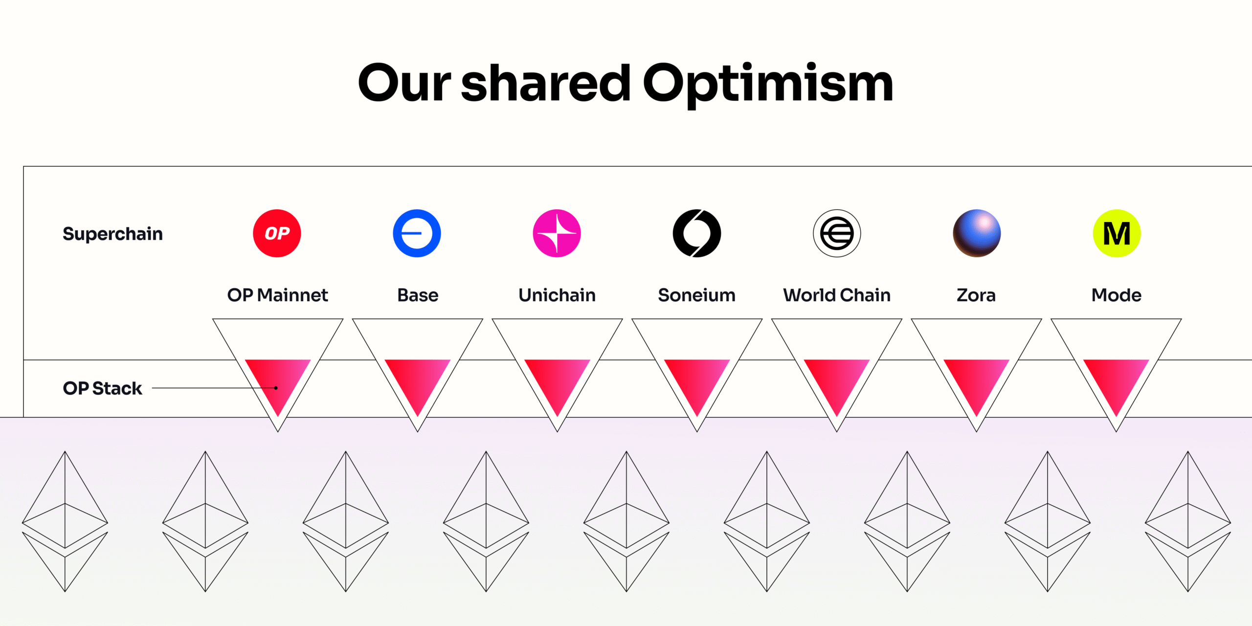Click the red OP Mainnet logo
pyautogui.click(x=277, y=233)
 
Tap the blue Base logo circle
pyautogui.click(x=417, y=233)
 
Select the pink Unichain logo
pyautogui.click(x=557, y=233)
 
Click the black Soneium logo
pyautogui.click(x=696, y=233)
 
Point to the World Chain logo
pyautogui.click(x=837, y=233)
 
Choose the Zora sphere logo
pyautogui.click(x=977, y=233)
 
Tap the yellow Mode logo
pyautogui.click(x=1117, y=233)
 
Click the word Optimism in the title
pyautogui.click(x=768, y=84)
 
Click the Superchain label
pyautogui.click(x=112, y=234)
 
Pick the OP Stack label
pyautogui.click(x=102, y=388)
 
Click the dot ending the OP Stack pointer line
pyautogui.click(x=276, y=388)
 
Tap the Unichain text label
pyautogui.click(x=557, y=295)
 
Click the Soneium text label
pyautogui.click(x=696, y=295)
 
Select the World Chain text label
pyautogui.click(x=837, y=295)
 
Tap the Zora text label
pyautogui.click(x=976, y=295)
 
